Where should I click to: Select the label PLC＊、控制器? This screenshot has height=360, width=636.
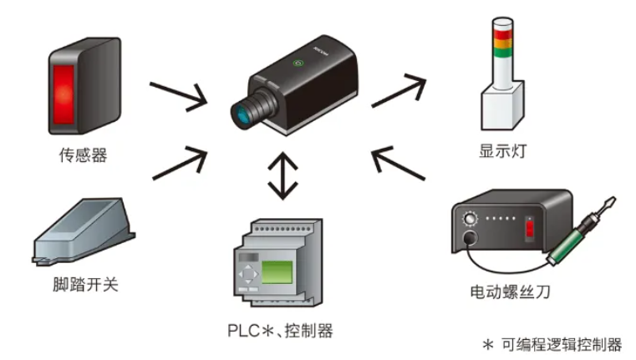click(x=280, y=331)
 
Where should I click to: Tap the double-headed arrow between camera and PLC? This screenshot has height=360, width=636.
click(x=284, y=175)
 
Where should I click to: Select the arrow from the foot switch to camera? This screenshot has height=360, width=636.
click(x=179, y=162)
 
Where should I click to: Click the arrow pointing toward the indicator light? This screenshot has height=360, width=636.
click(x=398, y=89)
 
